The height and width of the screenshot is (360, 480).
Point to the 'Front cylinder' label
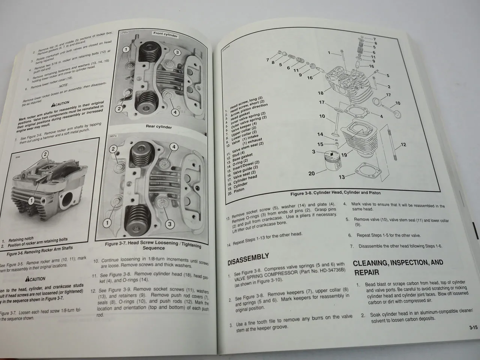165,34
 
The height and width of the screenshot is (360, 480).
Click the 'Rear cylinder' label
159,127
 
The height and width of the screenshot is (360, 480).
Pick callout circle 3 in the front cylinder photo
177,52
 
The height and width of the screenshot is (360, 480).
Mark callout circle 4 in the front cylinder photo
175,112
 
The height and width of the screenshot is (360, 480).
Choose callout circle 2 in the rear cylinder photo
113,149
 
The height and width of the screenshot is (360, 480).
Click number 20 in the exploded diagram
312,173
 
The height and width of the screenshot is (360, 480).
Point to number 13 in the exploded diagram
342,177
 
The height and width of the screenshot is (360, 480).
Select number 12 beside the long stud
403,145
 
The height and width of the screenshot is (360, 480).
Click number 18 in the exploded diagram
321,93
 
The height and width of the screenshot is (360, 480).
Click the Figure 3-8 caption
335,193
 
